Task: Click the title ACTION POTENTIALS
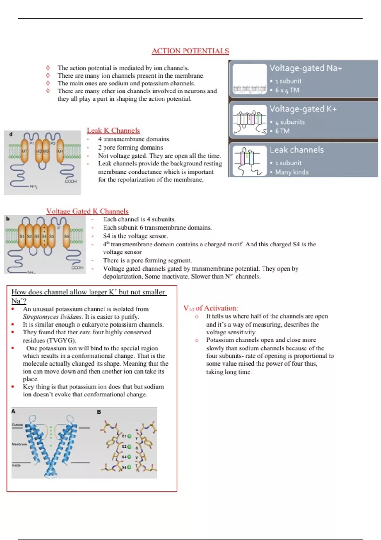(x=190, y=51)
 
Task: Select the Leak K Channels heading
(x=113, y=130)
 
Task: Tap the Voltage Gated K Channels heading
(x=87, y=211)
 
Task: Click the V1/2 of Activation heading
(x=211, y=308)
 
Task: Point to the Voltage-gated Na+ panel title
(x=305, y=68)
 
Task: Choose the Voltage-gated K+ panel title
(x=303, y=109)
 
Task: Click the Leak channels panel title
(x=297, y=150)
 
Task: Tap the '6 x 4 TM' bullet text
(x=287, y=90)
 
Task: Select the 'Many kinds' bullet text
(x=291, y=172)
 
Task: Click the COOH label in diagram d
(x=70, y=181)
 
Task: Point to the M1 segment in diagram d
(x=24, y=152)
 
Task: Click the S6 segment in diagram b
(x=66, y=236)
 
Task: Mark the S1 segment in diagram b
(x=22, y=236)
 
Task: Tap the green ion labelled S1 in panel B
(x=130, y=436)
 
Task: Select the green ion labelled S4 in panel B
(x=129, y=467)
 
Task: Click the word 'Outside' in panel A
(x=17, y=425)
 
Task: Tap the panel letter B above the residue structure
(x=99, y=412)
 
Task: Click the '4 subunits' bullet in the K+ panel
(x=290, y=122)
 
